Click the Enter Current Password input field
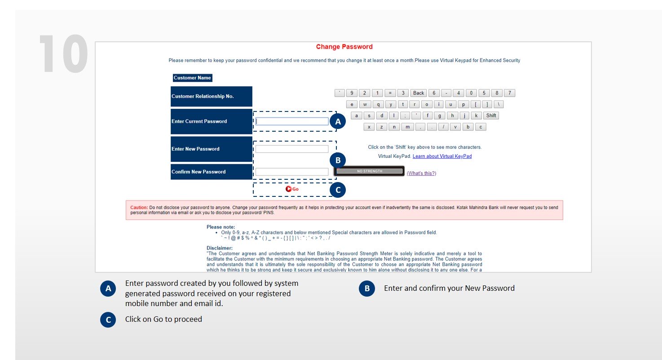[292, 121]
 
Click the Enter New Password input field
[292, 149]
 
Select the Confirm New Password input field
[292, 172]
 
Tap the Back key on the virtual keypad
[419, 93]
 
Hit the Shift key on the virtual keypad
[491, 116]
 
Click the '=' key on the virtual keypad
[390, 93]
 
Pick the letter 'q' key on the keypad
[378, 104]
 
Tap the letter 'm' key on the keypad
[407, 127]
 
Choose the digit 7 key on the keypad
[509, 93]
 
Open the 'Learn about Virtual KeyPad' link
[442, 156]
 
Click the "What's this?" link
[421, 173]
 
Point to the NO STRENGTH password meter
[370, 171]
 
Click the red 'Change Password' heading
[344, 47]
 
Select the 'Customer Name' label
[192, 78]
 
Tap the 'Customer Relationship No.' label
[203, 96]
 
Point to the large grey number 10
[63, 54]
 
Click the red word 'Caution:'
[139, 207]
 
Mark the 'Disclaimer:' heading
[219, 248]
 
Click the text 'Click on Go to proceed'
[163, 319]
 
